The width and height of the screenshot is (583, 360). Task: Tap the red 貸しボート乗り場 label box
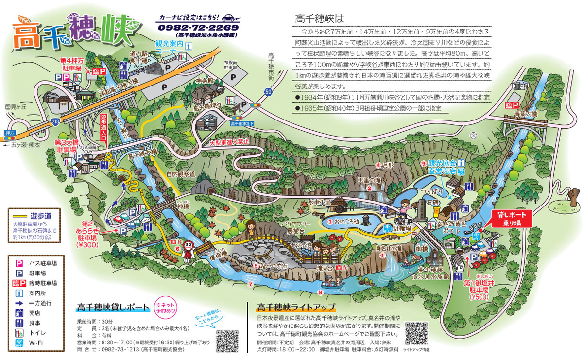click(511, 219)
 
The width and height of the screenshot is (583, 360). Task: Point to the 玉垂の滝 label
click(371, 179)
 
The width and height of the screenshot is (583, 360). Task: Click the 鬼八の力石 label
click(272, 266)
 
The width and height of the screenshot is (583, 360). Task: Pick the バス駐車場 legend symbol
click(20, 263)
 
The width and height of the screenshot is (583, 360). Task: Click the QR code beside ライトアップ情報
click(415, 333)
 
